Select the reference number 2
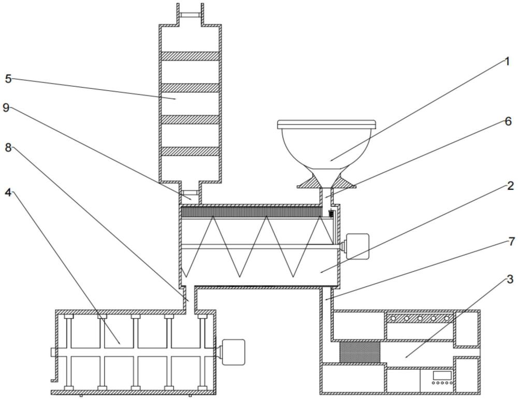(x=510, y=186)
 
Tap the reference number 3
(x=510, y=279)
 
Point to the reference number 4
(x=8, y=192)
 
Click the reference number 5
(x=8, y=79)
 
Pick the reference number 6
(x=508, y=121)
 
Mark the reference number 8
(x=8, y=147)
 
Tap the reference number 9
(x=6, y=107)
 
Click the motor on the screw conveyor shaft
(x=357, y=246)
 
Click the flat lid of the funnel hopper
(x=326, y=124)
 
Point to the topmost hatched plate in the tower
(x=190, y=56)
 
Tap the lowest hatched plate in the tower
(x=190, y=151)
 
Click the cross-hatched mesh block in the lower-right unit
(x=360, y=352)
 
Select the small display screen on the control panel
(x=442, y=375)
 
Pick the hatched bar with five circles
(x=420, y=318)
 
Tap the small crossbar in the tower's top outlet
(x=190, y=15)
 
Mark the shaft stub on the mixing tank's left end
(x=53, y=352)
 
